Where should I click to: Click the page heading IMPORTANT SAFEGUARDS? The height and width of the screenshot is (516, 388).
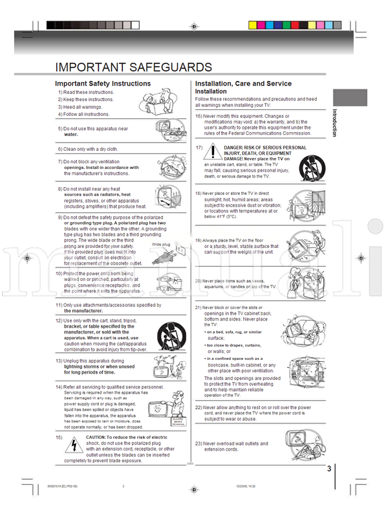(133, 67)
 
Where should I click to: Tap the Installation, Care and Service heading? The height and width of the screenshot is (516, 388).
(243, 84)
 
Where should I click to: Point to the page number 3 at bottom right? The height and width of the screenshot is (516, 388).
(329, 469)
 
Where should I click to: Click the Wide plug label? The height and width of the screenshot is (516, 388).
(161, 244)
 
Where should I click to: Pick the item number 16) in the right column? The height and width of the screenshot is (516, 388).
(200, 117)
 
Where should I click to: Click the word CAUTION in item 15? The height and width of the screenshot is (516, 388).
(100, 437)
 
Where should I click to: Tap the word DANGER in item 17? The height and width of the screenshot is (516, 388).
(236, 148)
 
